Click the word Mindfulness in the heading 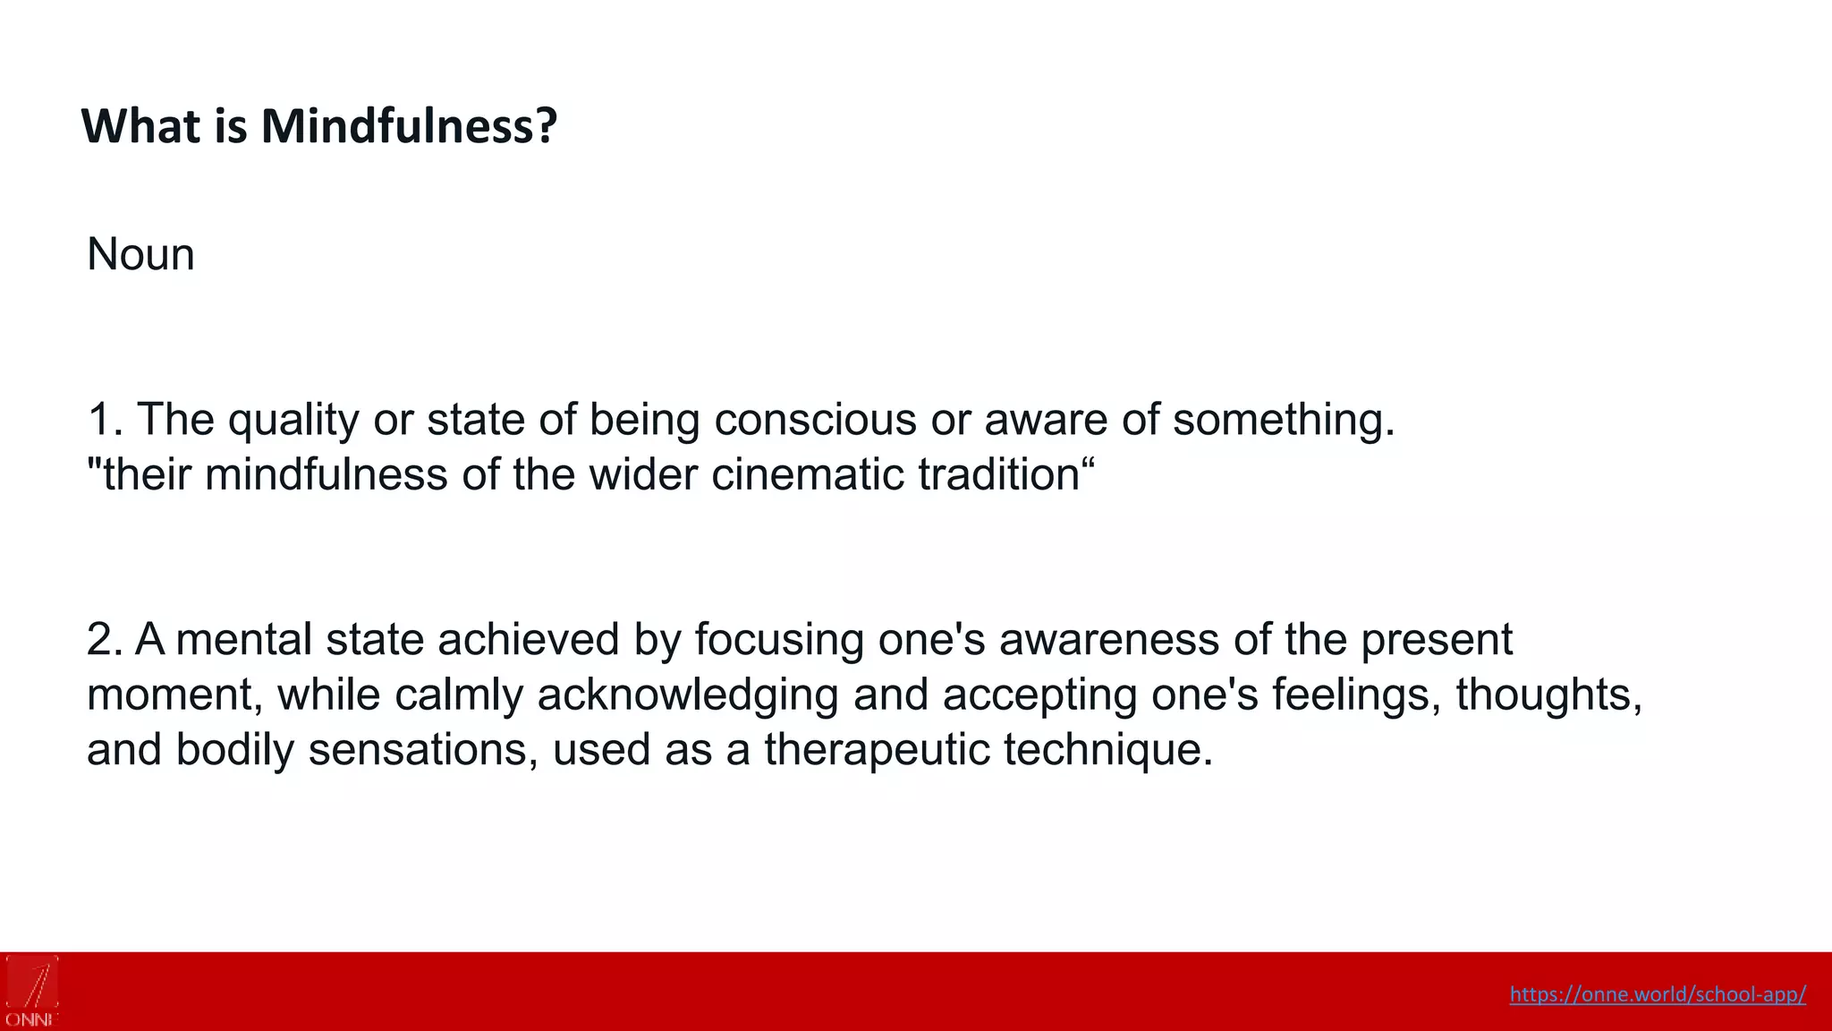point(409,126)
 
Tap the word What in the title point(140,126)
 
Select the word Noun point(140,254)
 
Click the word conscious point(815,419)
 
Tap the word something point(1283,419)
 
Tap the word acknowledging point(687,694)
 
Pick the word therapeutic point(877,749)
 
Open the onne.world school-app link point(1658,994)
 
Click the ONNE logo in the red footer point(32,991)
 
